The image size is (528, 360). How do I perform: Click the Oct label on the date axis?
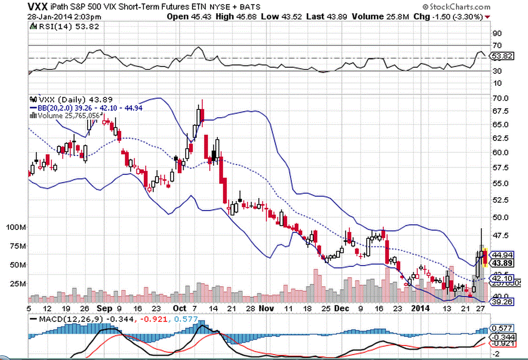tap(180, 308)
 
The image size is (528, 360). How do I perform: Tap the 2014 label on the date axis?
tap(421, 308)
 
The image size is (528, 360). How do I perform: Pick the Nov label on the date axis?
tap(268, 308)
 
